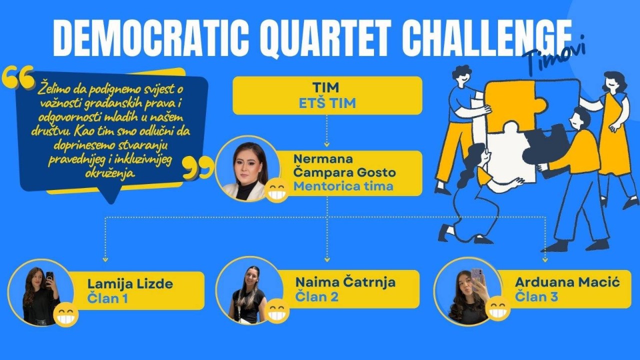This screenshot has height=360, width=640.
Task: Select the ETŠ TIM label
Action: [x=327, y=103]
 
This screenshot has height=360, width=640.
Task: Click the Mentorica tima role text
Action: [x=343, y=186]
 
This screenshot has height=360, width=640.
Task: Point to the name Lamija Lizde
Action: [x=130, y=284]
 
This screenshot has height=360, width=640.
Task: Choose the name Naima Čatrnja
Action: [x=345, y=282]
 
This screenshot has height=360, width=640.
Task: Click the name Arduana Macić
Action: [x=567, y=282]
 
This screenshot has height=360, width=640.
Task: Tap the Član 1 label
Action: [x=107, y=298]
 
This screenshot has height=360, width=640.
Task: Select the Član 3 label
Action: [x=536, y=296]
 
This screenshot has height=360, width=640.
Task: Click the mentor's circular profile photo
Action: [x=247, y=168]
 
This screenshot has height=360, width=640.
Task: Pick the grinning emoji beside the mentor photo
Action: [x=277, y=191]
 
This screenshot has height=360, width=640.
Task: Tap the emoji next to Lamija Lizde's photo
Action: [x=65, y=315]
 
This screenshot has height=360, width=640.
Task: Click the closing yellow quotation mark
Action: [x=198, y=167]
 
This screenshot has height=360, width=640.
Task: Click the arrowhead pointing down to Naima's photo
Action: [x=327, y=259]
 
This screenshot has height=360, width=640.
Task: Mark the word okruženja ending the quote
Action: [x=109, y=173]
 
